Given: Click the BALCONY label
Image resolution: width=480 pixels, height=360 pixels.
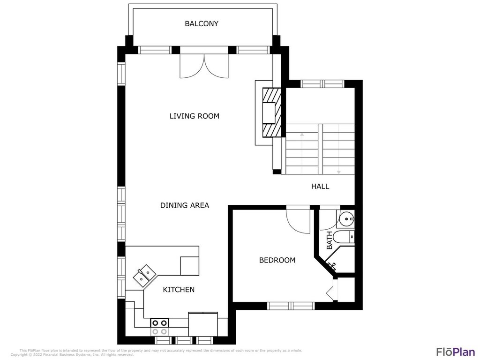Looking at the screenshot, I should (202, 23).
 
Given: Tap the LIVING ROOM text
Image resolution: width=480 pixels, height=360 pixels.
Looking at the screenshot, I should (194, 116).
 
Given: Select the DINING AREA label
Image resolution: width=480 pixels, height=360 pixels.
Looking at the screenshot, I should (184, 205).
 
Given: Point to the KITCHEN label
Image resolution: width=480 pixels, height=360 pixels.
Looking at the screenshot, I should (179, 290).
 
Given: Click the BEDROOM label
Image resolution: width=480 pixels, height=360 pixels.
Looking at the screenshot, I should (277, 260).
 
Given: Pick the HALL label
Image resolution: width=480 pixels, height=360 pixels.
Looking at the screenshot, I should (320, 186).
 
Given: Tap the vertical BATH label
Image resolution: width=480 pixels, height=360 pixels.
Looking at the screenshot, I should (329, 240).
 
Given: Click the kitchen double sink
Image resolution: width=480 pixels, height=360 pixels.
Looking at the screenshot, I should (145, 275).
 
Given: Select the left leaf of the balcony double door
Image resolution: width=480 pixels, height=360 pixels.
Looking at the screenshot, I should (192, 66).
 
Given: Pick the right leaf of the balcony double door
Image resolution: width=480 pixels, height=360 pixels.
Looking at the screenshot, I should (216, 66).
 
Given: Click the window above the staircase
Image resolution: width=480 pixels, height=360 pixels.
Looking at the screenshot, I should (322, 84).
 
